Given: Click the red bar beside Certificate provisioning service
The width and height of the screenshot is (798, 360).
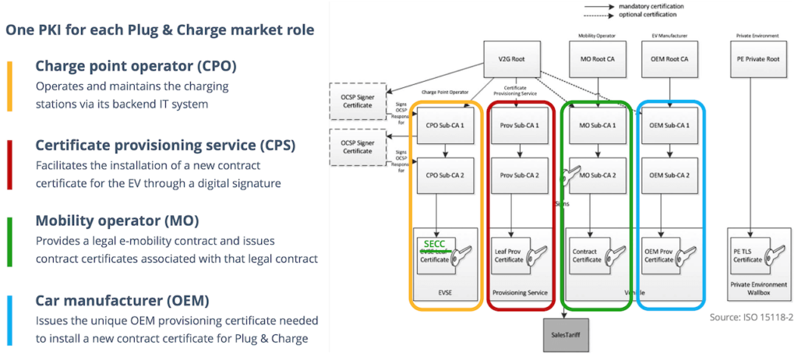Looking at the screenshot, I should [x=9, y=163].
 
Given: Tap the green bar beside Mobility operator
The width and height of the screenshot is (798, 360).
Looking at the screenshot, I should [x=9, y=241].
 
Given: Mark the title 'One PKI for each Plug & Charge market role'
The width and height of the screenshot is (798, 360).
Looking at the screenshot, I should [x=160, y=30].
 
